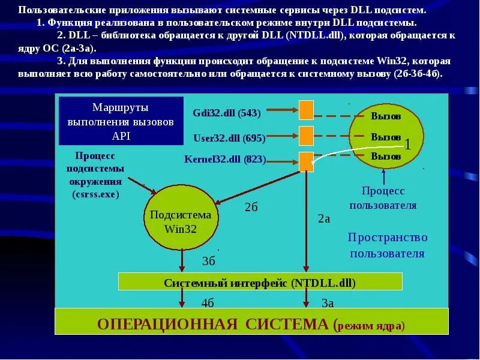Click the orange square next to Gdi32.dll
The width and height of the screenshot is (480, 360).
(306, 110)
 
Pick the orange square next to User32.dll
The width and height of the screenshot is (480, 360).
(306, 136)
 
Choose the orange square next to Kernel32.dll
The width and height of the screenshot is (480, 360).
(306, 161)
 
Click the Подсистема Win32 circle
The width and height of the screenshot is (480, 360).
(181, 221)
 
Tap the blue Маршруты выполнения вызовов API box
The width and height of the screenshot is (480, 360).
(121, 121)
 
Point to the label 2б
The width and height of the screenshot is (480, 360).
(251, 208)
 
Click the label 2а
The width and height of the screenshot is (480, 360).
(324, 219)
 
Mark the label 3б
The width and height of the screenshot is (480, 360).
(208, 261)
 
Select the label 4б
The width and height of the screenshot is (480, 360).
(208, 302)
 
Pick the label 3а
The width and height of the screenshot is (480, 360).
(327, 303)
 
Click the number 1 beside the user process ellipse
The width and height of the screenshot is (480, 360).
(407, 145)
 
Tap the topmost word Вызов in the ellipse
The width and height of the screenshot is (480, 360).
(386, 116)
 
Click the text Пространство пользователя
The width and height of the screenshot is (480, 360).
(387, 245)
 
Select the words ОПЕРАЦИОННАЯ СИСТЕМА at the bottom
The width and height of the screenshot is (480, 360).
(212, 325)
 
